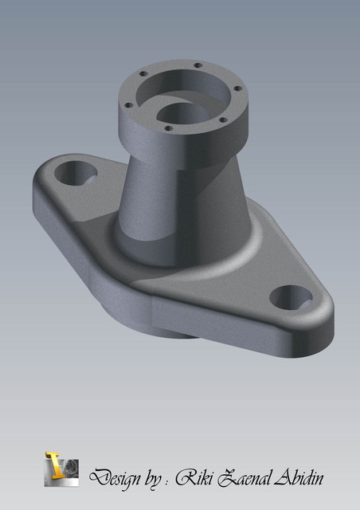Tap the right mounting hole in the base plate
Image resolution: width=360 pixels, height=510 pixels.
click(x=291, y=298)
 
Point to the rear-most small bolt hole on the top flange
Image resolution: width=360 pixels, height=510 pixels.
click(x=196, y=66)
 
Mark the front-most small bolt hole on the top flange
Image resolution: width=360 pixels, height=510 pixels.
click(x=168, y=127)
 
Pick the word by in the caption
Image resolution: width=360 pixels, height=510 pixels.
click(x=153, y=478)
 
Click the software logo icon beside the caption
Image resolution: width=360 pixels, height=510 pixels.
click(x=61, y=468)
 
